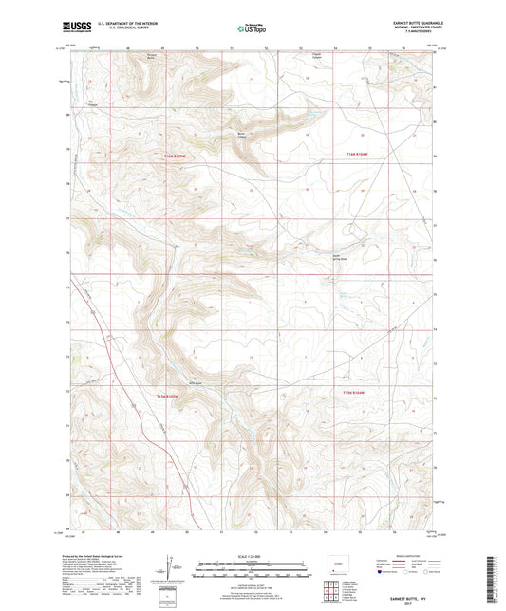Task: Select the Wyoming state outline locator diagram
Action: [x=333, y=563]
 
